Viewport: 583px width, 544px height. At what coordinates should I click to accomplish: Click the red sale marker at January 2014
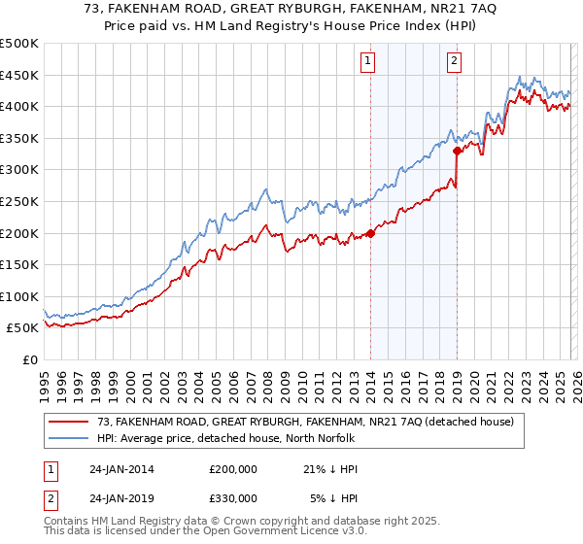tap(370, 233)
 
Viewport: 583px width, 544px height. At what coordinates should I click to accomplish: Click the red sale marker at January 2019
tap(456, 151)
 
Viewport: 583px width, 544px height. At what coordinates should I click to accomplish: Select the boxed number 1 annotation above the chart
tap(369, 62)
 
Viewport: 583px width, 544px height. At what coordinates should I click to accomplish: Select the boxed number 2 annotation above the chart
tap(454, 62)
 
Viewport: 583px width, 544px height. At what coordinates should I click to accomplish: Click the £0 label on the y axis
tap(29, 360)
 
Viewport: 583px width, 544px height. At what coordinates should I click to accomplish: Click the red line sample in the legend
tap(69, 421)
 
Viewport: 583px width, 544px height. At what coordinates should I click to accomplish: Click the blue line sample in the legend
tap(69, 437)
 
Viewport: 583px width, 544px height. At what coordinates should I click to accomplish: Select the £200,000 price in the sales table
tap(233, 469)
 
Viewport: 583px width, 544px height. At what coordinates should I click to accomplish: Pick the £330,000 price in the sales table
tap(233, 498)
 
